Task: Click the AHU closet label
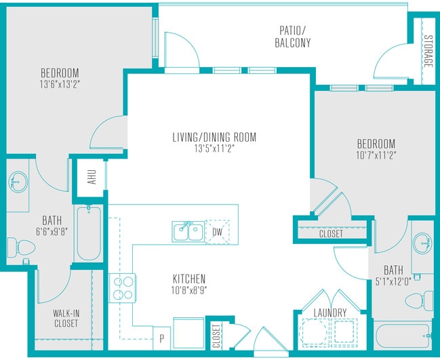tap(92, 177)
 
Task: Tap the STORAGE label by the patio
tap(428, 51)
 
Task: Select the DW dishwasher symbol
tap(218, 232)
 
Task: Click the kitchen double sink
tap(188, 232)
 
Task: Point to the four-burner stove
tap(123, 288)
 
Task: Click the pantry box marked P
tap(161, 338)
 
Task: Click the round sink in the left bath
tap(18, 182)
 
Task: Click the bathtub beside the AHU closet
tap(89, 233)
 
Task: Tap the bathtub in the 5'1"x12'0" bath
tap(403, 336)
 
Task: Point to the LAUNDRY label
tap(330, 313)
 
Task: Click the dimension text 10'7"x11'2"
tap(376, 155)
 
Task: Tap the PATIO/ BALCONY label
tap(292, 37)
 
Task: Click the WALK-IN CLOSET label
tap(66, 318)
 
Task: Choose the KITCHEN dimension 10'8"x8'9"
tap(189, 290)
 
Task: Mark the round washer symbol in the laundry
tap(314, 333)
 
